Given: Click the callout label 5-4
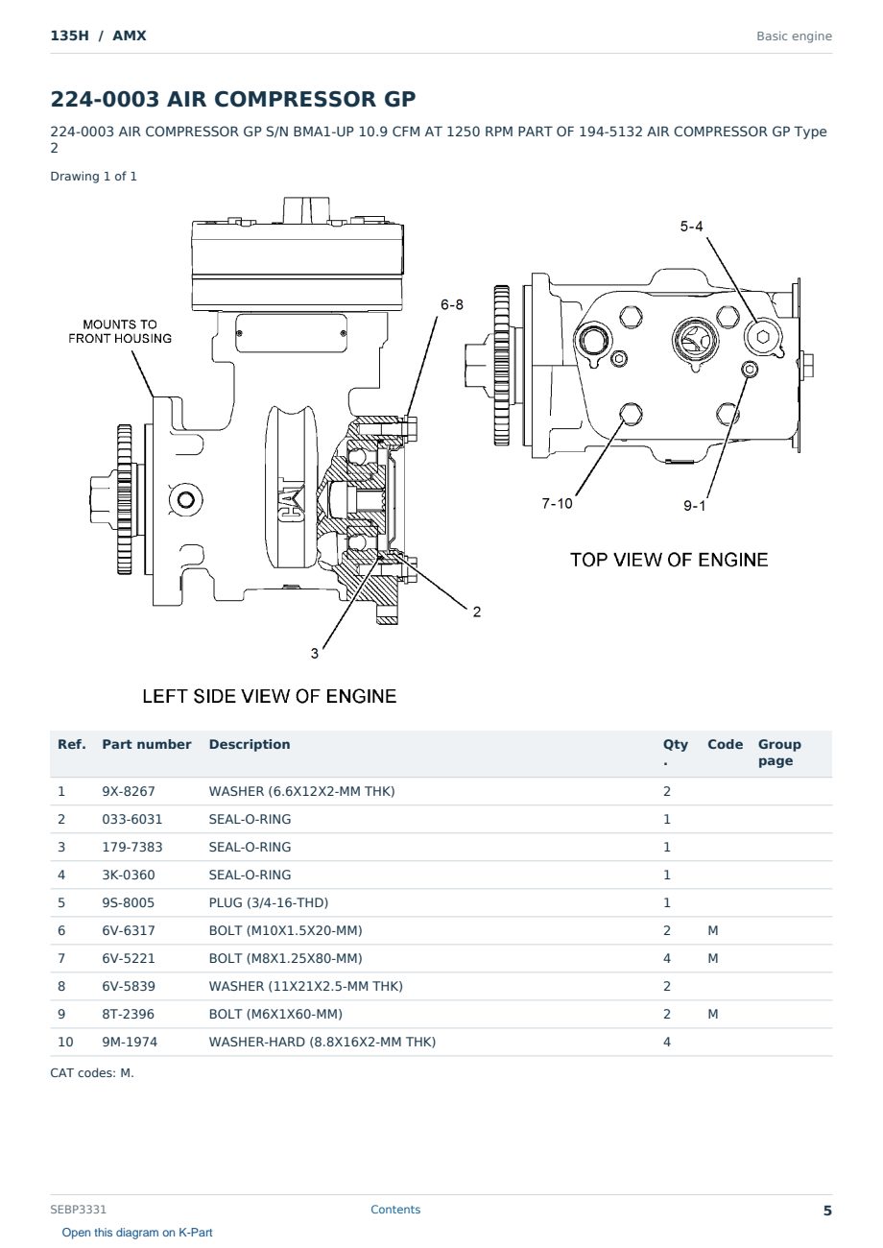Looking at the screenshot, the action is [691, 227].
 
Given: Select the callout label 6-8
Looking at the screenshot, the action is [452, 304].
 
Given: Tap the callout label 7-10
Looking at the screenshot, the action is [557, 504].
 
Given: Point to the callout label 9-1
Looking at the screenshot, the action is [695, 506].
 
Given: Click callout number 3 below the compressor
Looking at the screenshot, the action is [314, 654].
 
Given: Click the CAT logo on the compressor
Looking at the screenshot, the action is [292, 501].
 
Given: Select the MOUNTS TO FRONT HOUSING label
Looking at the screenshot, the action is [120, 331].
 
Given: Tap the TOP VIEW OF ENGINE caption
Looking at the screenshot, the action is [669, 560].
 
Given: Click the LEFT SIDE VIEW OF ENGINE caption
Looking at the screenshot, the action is [269, 696].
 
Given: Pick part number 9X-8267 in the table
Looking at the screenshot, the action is [129, 792].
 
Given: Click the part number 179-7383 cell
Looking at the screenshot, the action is [132, 848].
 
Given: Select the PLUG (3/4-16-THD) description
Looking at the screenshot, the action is [269, 903].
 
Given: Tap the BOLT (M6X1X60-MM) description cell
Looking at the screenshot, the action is [275, 1015].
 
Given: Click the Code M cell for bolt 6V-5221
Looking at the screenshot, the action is [712, 959].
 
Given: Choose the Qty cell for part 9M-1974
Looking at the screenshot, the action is [667, 1043].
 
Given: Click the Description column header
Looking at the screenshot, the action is [250, 745].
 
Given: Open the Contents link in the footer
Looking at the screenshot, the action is [395, 1210].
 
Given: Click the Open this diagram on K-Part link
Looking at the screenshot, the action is [137, 1233].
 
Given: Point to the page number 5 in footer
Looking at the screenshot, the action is [827, 1211].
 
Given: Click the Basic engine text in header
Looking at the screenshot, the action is [794, 36].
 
